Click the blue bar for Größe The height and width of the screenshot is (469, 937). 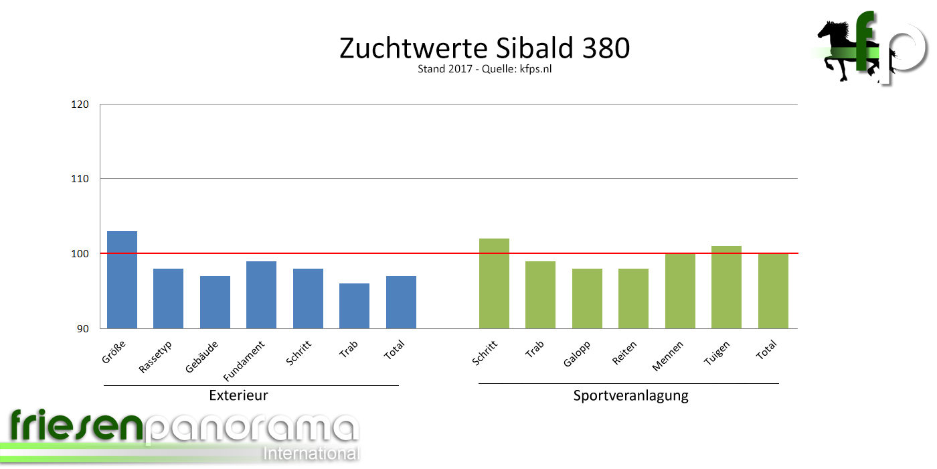point(122,279)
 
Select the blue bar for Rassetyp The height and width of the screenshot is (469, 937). point(168,298)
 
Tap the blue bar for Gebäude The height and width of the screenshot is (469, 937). point(215,302)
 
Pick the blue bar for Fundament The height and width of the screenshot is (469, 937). point(261,295)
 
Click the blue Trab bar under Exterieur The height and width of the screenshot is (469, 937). point(354,306)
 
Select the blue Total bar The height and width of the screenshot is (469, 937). point(401,302)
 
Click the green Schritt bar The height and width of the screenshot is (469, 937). point(494,283)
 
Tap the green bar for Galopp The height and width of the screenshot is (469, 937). point(587,298)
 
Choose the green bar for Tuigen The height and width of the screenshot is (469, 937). point(726,287)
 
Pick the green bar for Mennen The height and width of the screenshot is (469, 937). point(680,291)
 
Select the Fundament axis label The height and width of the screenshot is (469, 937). point(245,360)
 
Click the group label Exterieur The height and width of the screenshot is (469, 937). point(238,395)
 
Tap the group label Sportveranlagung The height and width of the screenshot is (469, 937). point(630,395)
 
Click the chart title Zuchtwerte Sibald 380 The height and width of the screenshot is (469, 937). point(484,48)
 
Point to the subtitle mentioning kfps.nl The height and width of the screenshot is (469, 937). point(484,69)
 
